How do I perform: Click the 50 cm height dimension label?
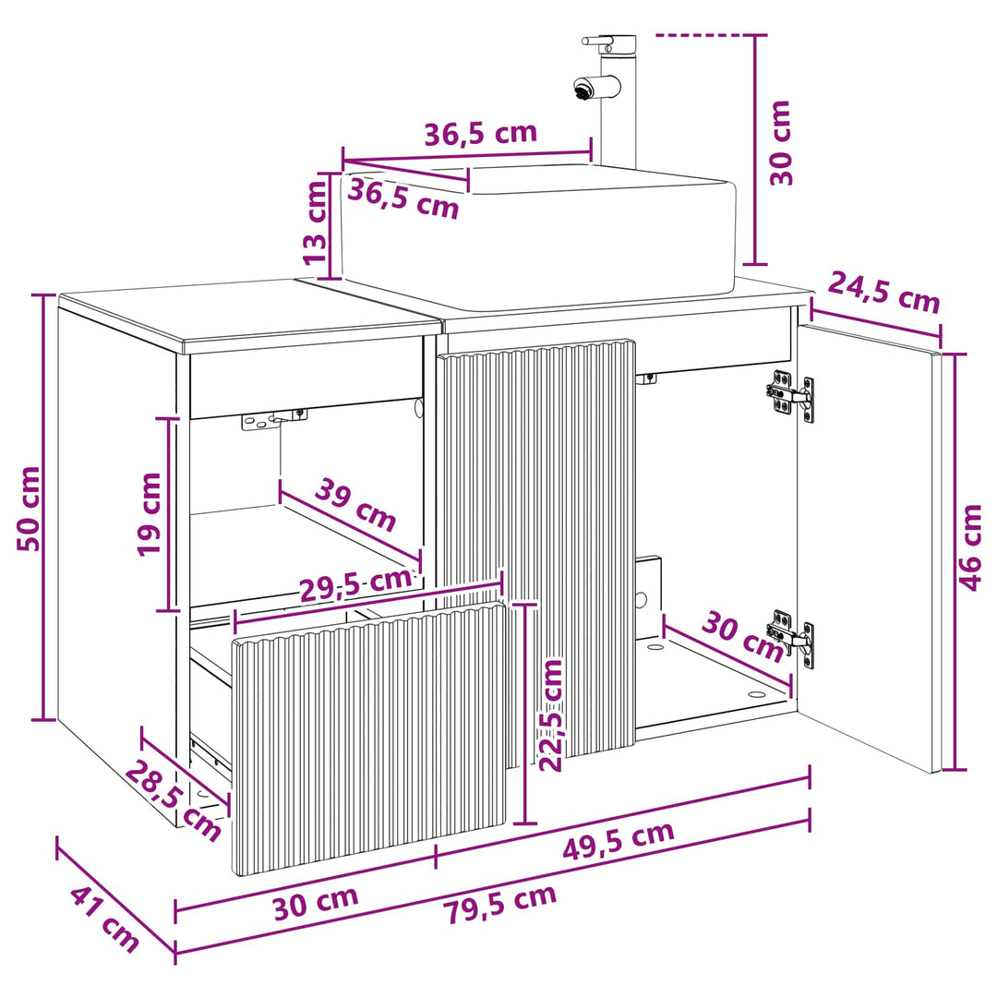30,508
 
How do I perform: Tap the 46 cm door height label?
970,547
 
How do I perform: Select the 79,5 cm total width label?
500,903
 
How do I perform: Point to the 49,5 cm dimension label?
618,840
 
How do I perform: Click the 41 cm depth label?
104,918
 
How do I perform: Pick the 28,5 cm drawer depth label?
173,800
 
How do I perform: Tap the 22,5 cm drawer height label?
551,715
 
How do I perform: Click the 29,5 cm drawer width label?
356,584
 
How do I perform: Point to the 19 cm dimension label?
150,514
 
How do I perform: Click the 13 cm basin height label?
315,222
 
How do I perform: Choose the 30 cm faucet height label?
781,143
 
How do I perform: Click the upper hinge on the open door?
789,397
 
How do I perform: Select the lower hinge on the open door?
789,636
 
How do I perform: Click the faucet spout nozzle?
582,89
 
